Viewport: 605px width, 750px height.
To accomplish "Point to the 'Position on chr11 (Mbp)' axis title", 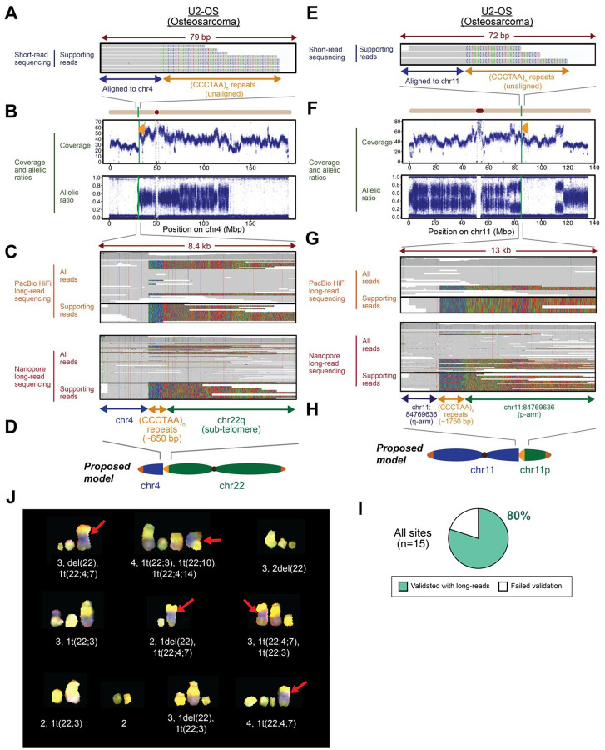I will [500, 230].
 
